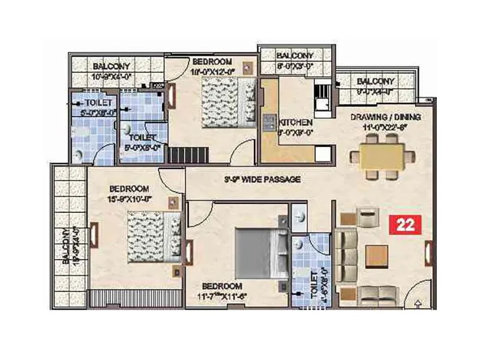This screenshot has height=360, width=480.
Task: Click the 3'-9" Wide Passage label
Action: tap(262, 179)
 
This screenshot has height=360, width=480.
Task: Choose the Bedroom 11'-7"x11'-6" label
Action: tap(222, 290)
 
